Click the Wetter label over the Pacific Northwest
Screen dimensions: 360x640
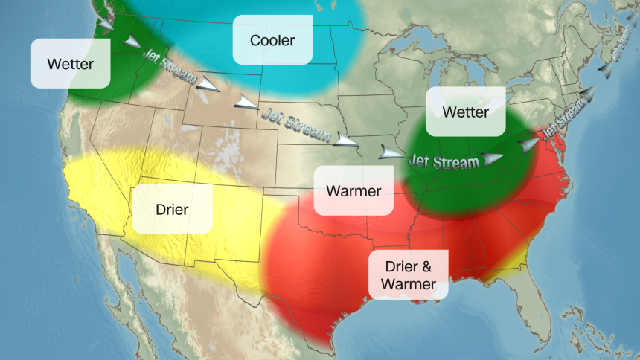click(71, 64)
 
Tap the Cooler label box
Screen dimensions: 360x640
click(272, 40)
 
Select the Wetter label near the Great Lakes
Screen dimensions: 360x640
click(465, 112)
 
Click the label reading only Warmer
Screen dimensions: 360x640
click(353, 191)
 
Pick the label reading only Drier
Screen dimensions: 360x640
click(172, 209)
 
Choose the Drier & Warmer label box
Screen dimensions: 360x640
click(408, 275)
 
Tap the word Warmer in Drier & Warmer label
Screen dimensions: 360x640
click(408, 284)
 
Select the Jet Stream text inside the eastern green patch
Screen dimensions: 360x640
click(444, 161)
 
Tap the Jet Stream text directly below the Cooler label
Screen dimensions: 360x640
click(295, 123)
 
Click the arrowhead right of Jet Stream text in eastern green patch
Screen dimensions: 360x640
click(492, 158)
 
